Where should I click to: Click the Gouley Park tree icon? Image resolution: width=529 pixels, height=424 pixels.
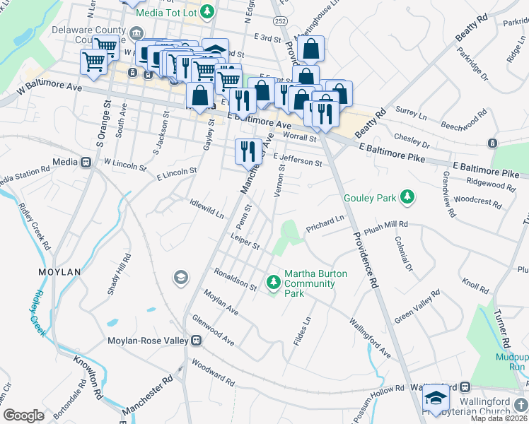click(407, 198)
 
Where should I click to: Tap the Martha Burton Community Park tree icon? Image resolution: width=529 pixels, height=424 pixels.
click(274, 283)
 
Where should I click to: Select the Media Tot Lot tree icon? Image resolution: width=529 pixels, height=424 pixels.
click(207, 11)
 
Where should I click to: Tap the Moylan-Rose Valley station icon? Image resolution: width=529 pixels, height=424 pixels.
click(197, 341)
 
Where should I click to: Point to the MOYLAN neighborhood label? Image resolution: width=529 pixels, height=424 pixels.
click(60, 271)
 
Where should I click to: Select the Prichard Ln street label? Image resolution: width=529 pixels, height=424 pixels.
click(324, 223)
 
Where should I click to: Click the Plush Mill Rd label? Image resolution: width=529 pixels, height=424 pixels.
click(388, 224)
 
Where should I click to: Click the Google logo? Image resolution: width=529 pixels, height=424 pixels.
click(23, 416)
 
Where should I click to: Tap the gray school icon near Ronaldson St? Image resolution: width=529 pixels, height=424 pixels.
click(180, 277)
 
